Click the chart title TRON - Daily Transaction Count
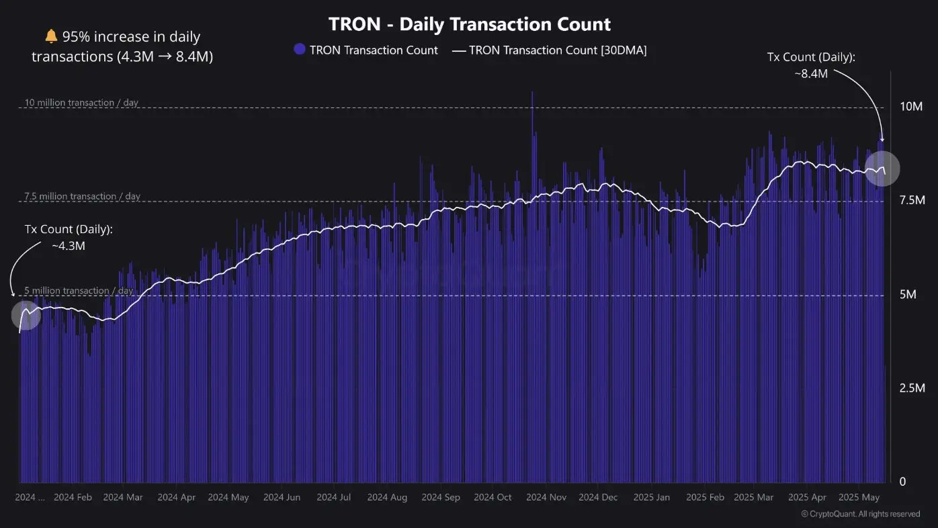coord(469,25)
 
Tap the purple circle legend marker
coord(300,50)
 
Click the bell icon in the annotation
coord(51,36)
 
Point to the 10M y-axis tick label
coord(911,107)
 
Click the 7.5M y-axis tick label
coord(911,200)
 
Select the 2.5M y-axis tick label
coord(911,388)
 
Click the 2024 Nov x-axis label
coord(546,498)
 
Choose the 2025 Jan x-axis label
coord(651,498)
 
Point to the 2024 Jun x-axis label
coord(282,498)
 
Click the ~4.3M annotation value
coord(69,246)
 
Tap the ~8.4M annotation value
coord(810,74)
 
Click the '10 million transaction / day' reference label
coord(81,103)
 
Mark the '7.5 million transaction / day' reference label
coord(82,196)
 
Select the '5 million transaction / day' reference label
coord(79,290)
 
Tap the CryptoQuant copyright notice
coord(860,514)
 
